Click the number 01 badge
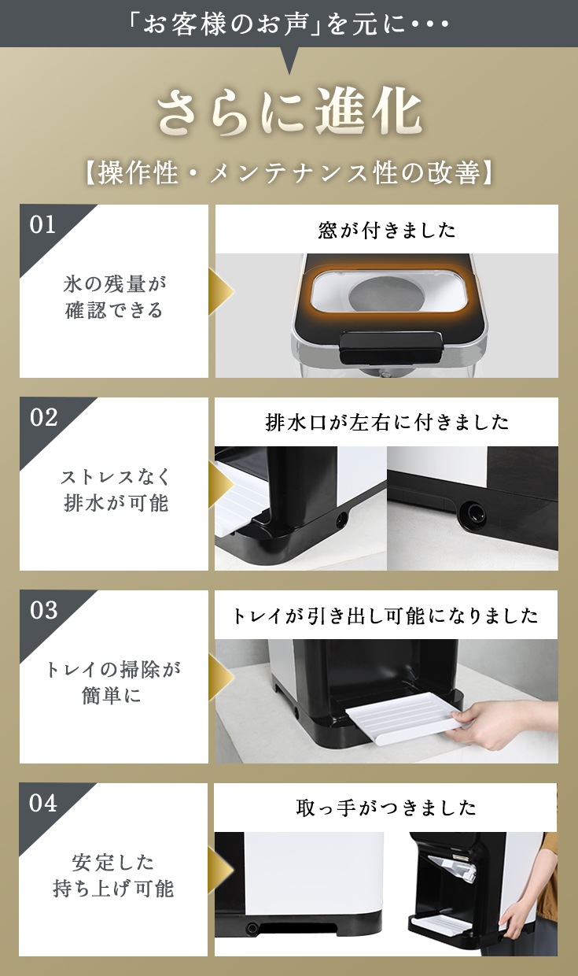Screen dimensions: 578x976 (x=42, y=225)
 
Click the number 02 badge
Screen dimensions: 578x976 (x=43, y=417)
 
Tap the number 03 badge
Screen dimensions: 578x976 (x=43, y=610)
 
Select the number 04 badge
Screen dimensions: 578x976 (x=43, y=803)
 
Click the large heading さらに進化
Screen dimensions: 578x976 (x=289, y=112)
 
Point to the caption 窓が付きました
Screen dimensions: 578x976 (x=386, y=230)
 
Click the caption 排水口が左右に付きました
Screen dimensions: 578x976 (x=386, y=422)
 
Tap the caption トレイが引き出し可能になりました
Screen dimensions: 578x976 (x=385, y=616)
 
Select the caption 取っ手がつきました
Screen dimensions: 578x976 (x=385, y=808)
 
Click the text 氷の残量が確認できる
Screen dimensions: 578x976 (x=114, y=298)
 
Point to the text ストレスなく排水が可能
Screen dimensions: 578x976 (x=115, y=490)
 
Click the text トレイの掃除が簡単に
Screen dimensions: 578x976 (x=112, y=682)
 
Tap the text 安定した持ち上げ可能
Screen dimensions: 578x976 (x=113, y=875)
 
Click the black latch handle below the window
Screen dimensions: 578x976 (x=389, y=348)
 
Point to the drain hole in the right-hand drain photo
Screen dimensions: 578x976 (x=473, y=511)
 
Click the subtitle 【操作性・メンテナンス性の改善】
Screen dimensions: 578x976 (x=289, y=172)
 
